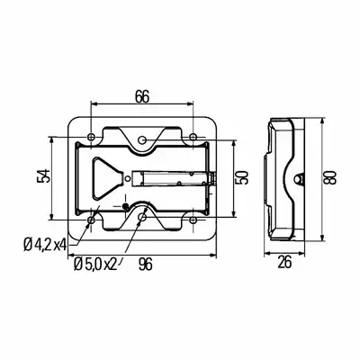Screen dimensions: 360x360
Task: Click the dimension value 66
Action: tap(142, 96)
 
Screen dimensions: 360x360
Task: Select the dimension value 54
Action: tap(43, 176)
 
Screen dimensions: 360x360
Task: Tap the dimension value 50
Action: tap(242, 177)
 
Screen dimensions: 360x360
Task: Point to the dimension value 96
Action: tap(146, 265)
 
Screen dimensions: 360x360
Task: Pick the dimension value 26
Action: tap(284, 263)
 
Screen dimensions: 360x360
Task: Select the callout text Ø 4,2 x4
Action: tap(45, 246)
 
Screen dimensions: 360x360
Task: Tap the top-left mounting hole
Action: tap(91, 137)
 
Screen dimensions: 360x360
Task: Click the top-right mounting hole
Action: tap(193, 137)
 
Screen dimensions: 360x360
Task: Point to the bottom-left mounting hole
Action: tap(91, 220)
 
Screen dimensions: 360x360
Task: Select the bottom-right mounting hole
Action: tap(193, 220)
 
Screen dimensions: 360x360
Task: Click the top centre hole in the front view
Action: tap(142, 139)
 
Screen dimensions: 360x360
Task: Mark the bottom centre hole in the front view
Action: tap(142, 217)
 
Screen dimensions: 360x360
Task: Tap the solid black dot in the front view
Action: tap(125, 206)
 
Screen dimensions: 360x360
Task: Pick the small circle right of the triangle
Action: tap(128, 178)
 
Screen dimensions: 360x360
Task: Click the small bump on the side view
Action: tap(298, 178)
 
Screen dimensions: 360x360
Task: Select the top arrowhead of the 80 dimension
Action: tap(322, 121)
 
